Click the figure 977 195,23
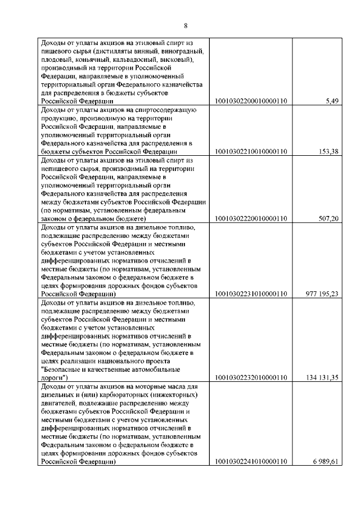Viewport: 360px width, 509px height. point(321,294)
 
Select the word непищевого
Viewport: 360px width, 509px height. point(61,168)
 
